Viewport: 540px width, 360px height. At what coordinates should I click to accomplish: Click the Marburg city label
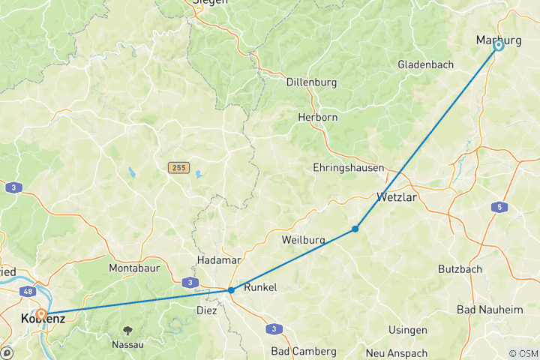point(498,38)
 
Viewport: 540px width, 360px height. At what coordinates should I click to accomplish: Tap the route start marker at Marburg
point(498,46)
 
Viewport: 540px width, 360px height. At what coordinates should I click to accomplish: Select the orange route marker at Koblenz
point(42,314)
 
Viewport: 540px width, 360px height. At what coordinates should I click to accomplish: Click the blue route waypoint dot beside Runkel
point(231,289)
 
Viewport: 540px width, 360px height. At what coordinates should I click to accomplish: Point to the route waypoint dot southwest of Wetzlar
point(355,229)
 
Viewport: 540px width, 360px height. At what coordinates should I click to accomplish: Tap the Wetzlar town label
point(396,198)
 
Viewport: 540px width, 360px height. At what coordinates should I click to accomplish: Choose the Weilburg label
point(303,240)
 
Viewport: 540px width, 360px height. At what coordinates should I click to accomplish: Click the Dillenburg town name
point(311,82)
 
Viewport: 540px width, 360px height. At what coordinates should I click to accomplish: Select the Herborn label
point(317,118)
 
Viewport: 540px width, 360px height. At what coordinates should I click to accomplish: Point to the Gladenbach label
point(426,64)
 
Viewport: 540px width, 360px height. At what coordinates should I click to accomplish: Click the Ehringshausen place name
point(349,168)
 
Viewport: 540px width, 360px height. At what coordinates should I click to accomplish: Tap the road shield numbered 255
point(178,167)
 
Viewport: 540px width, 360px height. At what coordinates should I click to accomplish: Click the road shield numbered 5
point(501,207)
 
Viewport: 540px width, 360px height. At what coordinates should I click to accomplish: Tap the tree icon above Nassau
point(128,328)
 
